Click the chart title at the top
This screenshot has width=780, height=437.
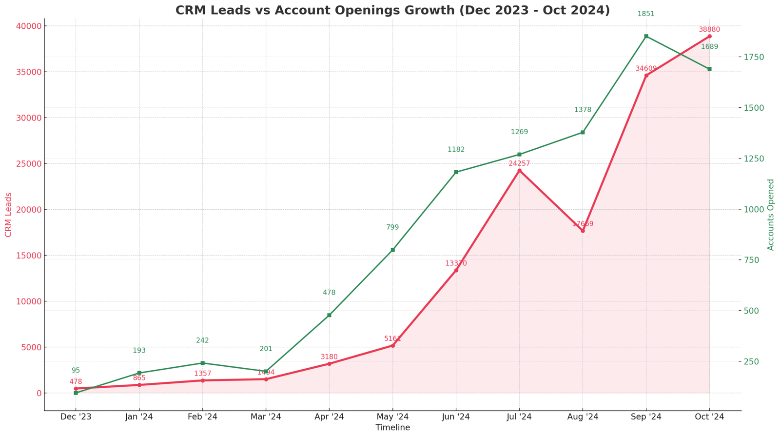coord(392,10)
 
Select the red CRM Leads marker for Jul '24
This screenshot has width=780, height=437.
coord(519,171)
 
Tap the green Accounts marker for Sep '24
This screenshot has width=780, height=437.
coord(646,36)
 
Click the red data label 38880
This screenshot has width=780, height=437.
coord(709,30)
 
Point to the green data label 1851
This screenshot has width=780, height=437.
coord(646,14)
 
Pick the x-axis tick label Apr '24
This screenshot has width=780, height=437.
coord(329,417)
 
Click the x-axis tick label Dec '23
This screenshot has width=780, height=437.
coord(76,417)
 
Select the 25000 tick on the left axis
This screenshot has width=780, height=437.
coord(28,164)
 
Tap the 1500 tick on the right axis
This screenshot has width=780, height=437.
coord(754,108)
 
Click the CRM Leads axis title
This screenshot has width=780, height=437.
coord(8,215)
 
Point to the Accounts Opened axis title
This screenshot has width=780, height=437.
coord(771,215)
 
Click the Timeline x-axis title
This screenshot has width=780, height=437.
coord(392,428)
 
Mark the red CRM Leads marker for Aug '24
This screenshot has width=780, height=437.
coord(583,231)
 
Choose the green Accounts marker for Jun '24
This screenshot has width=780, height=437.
coord(456,172)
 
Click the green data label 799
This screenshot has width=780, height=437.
coord(392,227)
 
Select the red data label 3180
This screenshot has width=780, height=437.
coord(329,357)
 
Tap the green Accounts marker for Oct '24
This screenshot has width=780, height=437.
coord(709,69)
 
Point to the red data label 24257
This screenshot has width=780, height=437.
coord(519,164)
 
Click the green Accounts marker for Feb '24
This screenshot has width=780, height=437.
coord(202,363)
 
